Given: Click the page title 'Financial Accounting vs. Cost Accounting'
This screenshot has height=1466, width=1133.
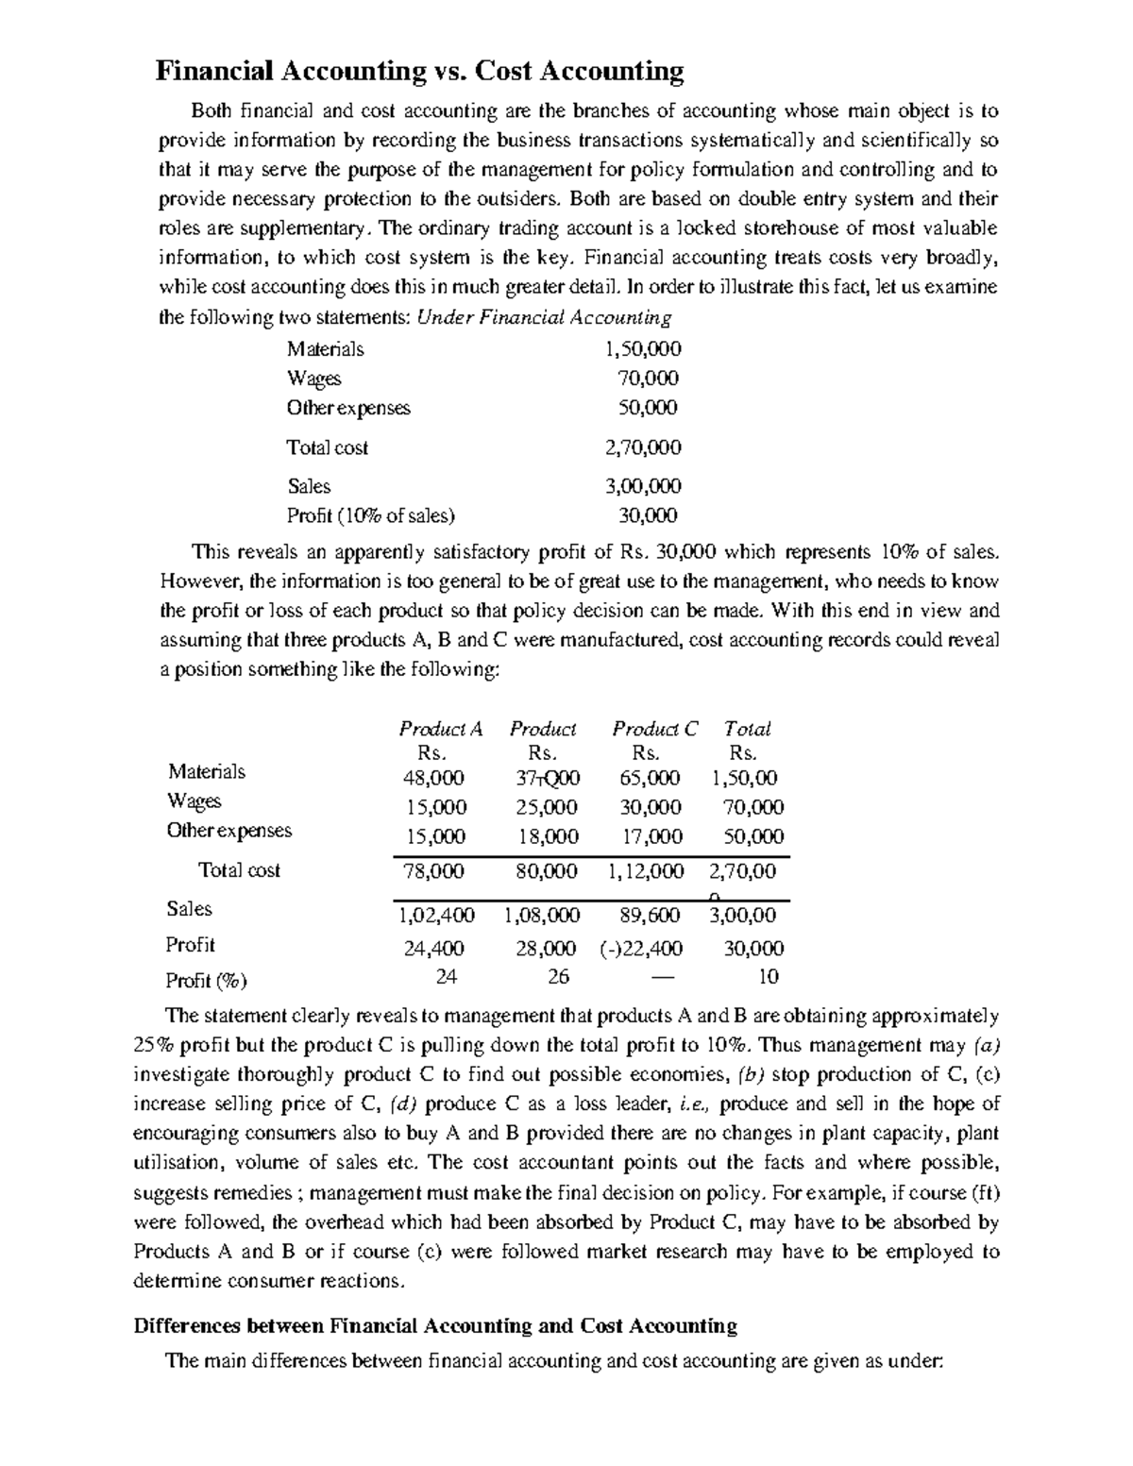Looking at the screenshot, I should pyautogui.click(x=419, y=71).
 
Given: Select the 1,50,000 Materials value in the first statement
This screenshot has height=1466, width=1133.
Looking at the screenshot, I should pyautogui.click(x=642, y=349).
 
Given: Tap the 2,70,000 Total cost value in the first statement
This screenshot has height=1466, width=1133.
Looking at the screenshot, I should pyautogui.click(x=642, y=447).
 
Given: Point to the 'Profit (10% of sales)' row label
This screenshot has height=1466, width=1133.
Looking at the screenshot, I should pyautogui.click(x=371, y=515).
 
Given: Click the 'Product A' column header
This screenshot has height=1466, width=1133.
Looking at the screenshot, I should pyautogui.click(x=441, y=729).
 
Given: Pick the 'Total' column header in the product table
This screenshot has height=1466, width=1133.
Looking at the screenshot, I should pyautogui.click(x=747, y=729).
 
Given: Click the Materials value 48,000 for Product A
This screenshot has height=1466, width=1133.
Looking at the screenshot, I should pyautogui.click(x=434, y=778).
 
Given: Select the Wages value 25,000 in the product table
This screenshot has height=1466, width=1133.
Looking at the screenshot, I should pyautogui.click(x=547, y=807).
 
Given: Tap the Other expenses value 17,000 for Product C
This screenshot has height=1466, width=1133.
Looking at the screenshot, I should pyautogui.click(x=651, y=836).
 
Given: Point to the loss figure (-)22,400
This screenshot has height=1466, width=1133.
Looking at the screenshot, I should pyautogui.click(x=641, y=949).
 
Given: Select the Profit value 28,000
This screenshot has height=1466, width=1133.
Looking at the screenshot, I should pyautogui.click(x=546, y=949).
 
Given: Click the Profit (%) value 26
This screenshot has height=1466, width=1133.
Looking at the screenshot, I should pyautogui.click(x=558, y=977).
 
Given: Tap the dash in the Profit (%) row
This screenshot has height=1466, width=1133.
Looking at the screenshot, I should pyautogui.click(x=664, y=977).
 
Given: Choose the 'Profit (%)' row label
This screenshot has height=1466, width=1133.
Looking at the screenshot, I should pyautogui.click(x=207, y=981).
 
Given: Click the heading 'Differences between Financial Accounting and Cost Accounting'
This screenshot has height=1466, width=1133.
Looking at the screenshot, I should pyautogui.click(x=434, y=1325).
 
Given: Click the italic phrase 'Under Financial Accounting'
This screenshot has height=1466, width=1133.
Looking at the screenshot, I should pyautogui.click(x=544, y=317).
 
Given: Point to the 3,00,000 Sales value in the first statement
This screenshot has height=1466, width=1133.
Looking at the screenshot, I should pyautogui.click(x=642, y=486).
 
